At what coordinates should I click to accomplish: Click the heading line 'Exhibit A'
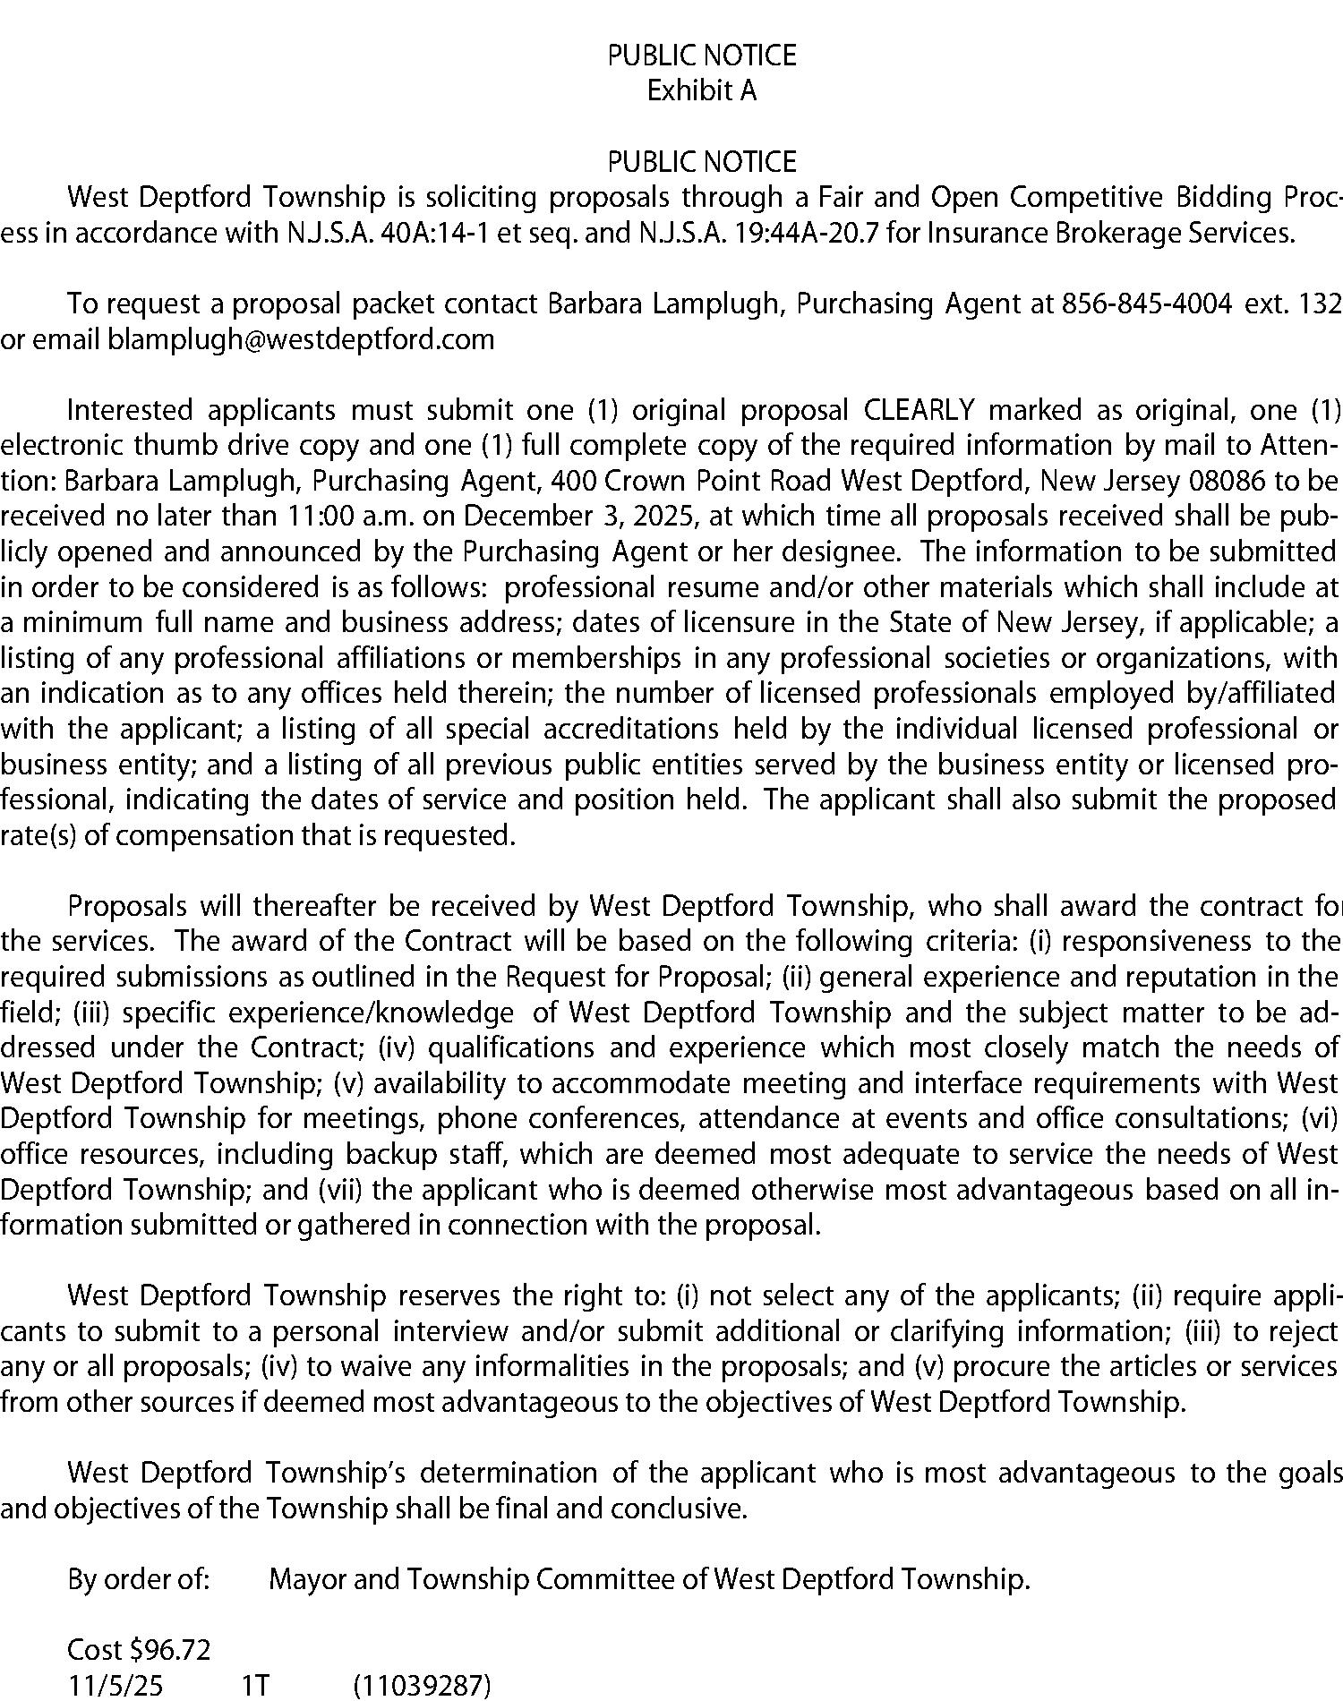[x=702, y=91]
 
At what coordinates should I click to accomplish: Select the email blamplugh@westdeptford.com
[x=301, y=340]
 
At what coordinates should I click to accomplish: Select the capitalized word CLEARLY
[x=919, y=410]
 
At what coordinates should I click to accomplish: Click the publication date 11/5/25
[x=115, y=1685]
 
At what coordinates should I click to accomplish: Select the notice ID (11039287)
[x=423, y=1685]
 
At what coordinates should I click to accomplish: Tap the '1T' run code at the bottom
[x=255, y=1685]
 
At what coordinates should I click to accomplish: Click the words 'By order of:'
[x=139, y=1578]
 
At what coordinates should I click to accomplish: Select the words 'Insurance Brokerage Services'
[x=1110, y=233]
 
